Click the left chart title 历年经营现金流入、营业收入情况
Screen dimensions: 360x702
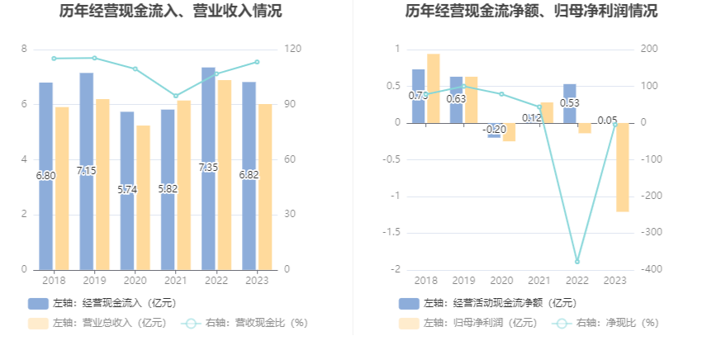point(170,12)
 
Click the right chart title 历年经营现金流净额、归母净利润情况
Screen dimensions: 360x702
point(520,12)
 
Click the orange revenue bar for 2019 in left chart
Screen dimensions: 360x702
point(102,183)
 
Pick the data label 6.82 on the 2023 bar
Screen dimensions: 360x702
point(249,175)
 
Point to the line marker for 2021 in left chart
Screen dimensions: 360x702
point(176,96)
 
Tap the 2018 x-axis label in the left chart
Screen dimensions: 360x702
point(54,281)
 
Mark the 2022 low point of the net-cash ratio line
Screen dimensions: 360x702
point(577,261)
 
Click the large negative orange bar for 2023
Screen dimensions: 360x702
point(622,167)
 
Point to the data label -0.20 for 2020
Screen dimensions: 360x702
point(496,130)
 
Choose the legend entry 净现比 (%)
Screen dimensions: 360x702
point(608,323)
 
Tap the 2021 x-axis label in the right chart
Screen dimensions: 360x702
point(538,281)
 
